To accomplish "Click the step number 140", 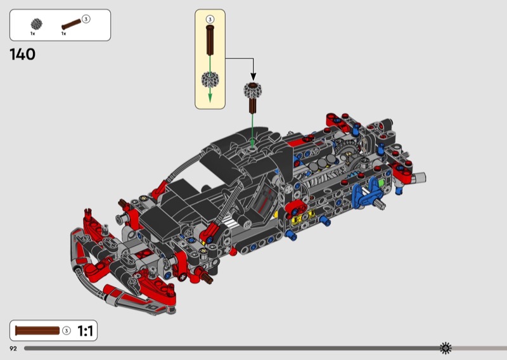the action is click(22, 54).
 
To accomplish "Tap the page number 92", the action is click(13, 349).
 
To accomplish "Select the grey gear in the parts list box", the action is click(37, 24).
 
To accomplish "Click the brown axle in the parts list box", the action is click(71, 24).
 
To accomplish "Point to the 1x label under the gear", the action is click(33, 34).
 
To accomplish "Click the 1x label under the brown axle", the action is click(64, 34).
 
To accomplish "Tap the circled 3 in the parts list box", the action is click(86, 19).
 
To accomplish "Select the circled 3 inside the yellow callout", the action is click(210, 20).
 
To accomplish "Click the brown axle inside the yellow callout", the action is click(210, 40).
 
